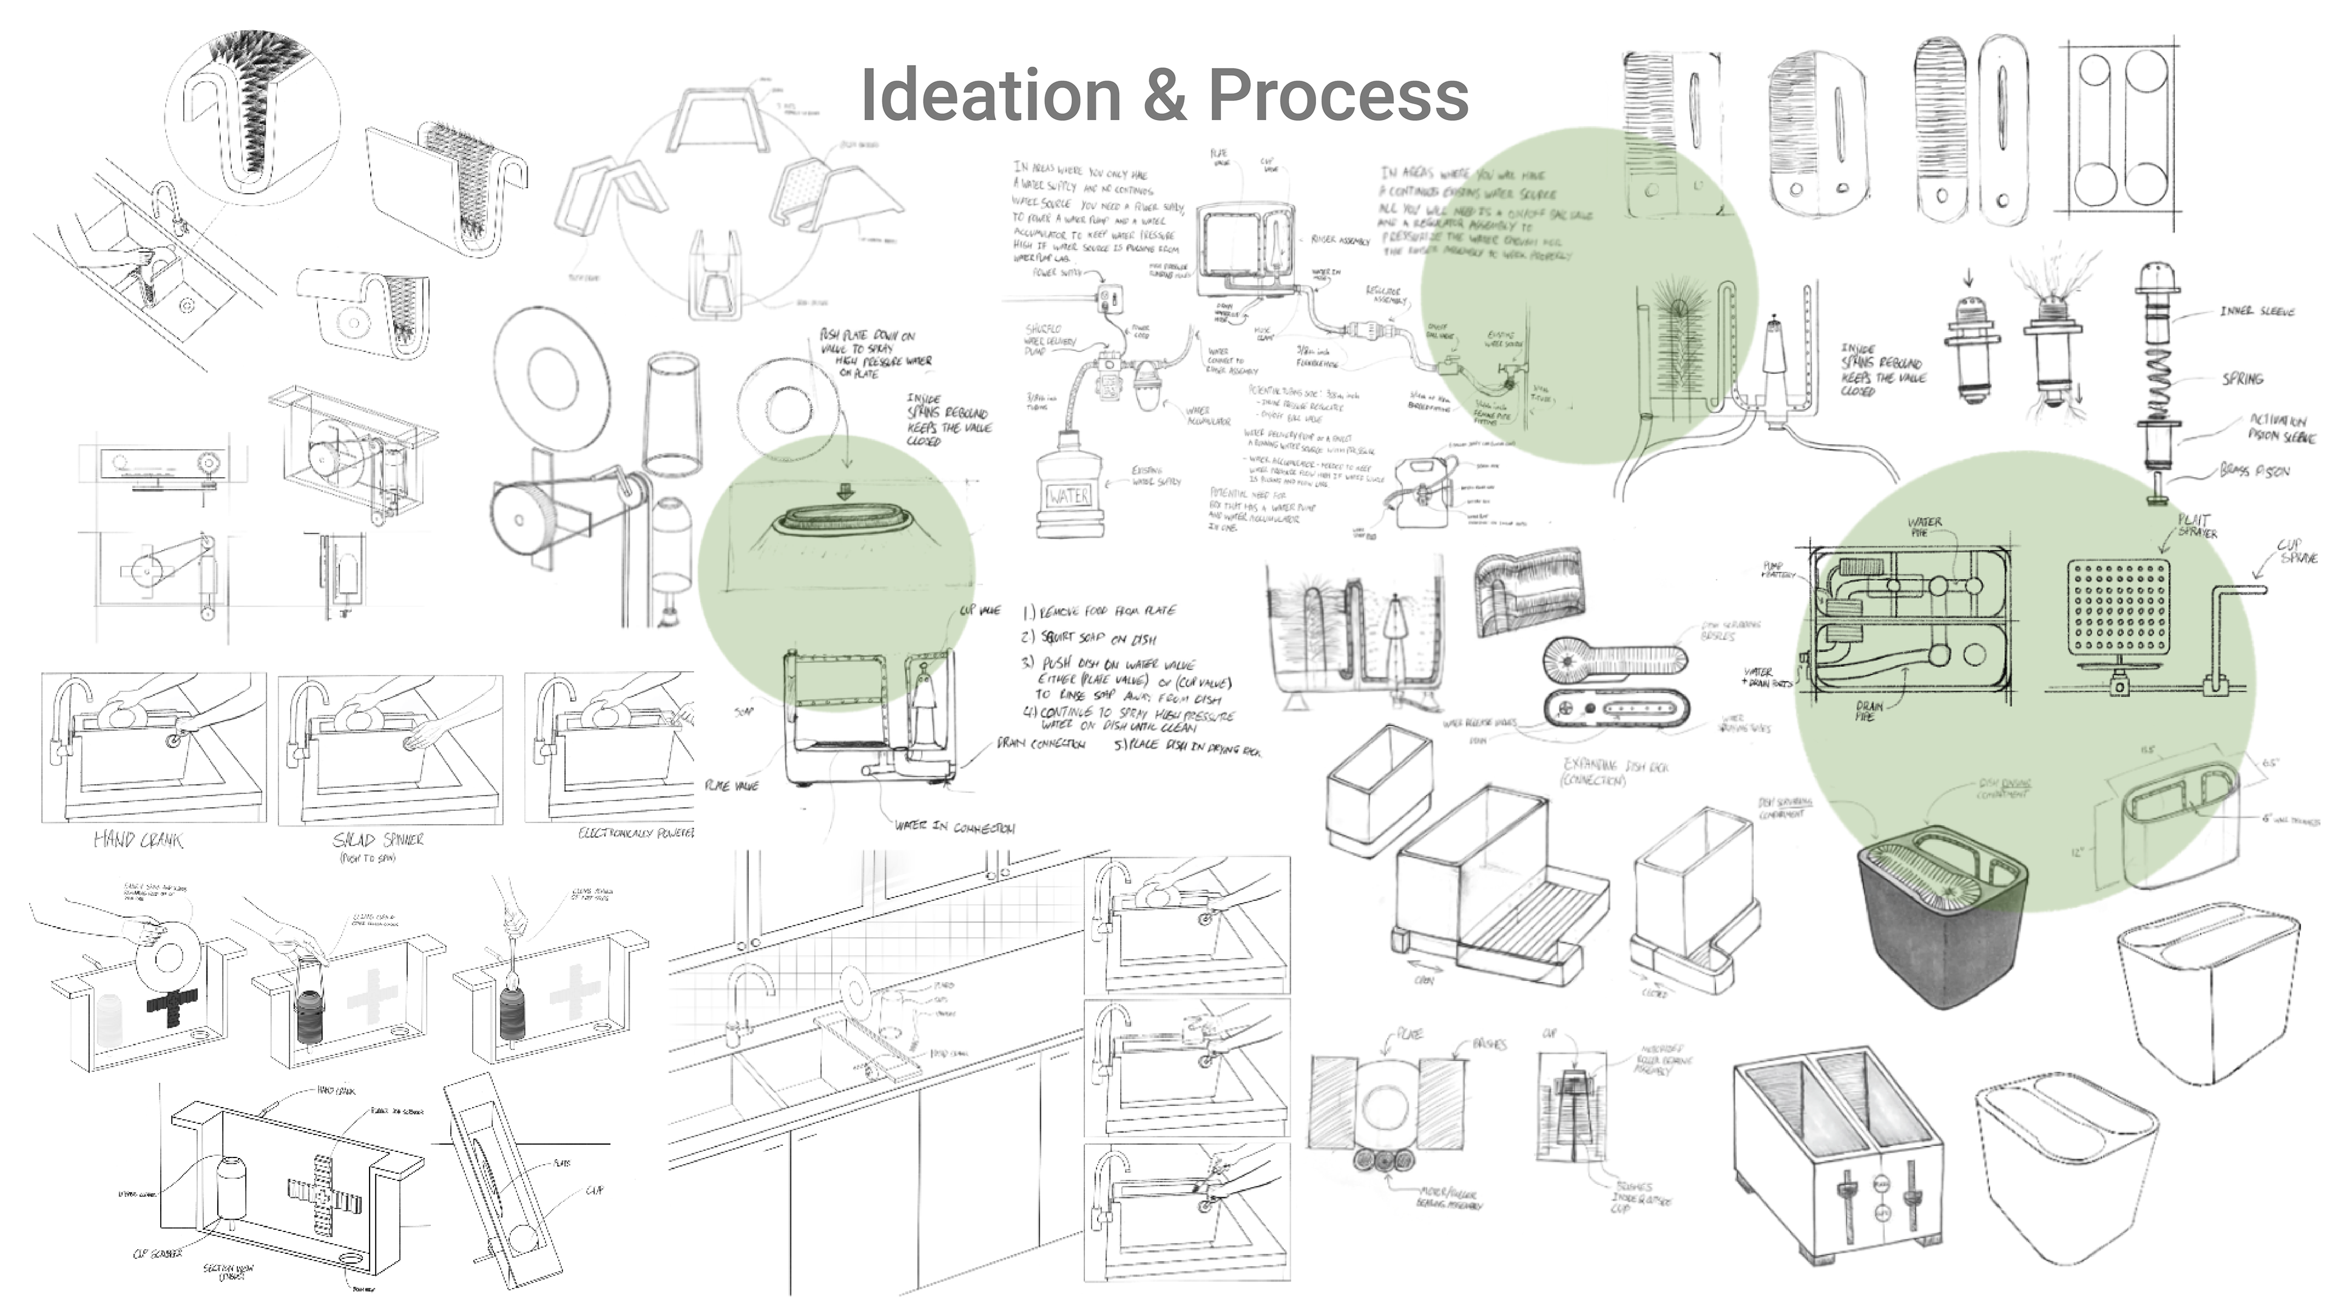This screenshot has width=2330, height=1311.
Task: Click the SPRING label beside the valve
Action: point(2242,378)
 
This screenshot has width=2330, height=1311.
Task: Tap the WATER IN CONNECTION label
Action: point(954,826)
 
